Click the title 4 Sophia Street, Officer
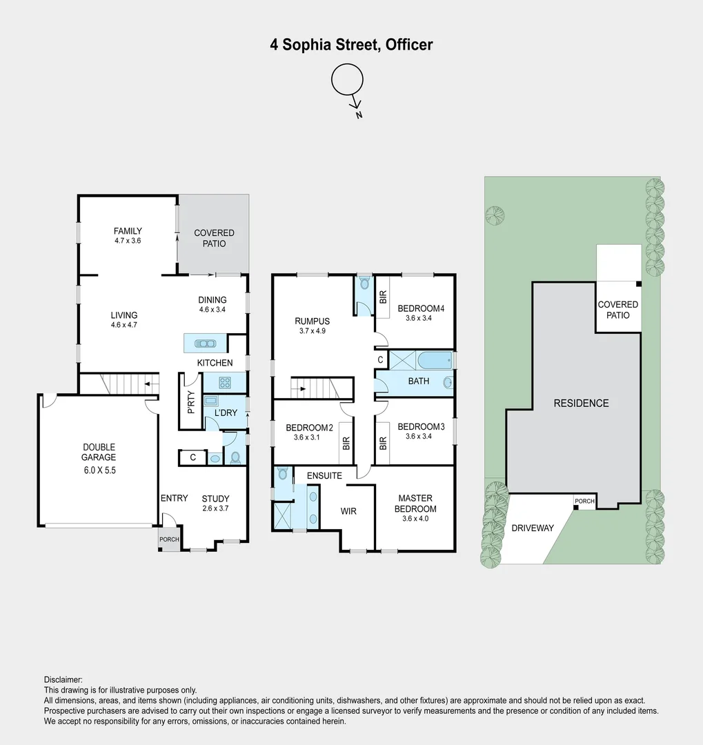[351, 45]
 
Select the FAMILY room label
[128, 231]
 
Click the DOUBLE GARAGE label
[100, 452]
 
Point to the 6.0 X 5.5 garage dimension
[100, 471]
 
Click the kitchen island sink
[206, 343]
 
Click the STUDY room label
[215, 499]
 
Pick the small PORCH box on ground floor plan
[168, 539]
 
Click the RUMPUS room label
[312, 321]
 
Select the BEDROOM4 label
[420, 308]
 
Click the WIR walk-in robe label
[349, 512]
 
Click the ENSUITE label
[324, 475]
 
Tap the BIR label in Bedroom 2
[346, 444]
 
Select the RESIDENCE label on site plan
[581, 403]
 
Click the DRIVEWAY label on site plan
[533, 528]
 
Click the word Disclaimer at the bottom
[63, 679]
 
